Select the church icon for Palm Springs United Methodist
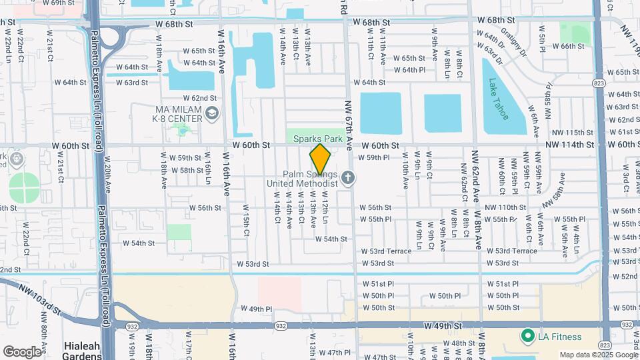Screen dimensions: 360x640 click(x=347, y=178)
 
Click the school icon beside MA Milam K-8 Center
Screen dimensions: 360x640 click(x=212, y=114)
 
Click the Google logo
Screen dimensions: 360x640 click(x=22, y=351)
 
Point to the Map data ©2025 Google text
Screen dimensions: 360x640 click(x=597, y=355)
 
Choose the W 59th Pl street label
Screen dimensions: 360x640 click(x=374, y=158)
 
